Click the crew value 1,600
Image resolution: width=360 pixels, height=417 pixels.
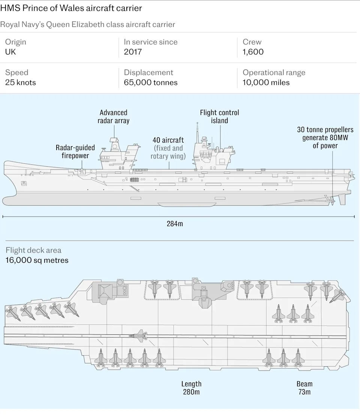[x=253, y=52]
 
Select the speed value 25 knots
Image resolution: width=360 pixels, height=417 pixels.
[x=21, y=83]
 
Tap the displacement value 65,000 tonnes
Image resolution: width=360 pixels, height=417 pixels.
[x=151, y=83]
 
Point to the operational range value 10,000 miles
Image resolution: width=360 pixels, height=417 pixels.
[x=266, y=83]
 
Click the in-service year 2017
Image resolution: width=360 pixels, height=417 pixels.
[x=133, y=52]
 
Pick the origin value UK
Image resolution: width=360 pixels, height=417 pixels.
[x=10, y=52]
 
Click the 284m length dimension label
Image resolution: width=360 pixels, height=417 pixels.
[x=175, y=224]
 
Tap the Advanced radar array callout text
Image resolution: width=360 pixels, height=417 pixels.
[x=114, y=116]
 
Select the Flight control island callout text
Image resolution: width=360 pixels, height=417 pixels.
[x=219, y=116]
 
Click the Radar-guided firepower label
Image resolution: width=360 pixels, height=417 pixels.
[x=75, y=152]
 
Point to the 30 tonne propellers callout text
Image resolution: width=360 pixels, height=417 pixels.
[x=325, y=137]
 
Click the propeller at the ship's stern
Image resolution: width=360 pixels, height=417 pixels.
[x=331, y=201]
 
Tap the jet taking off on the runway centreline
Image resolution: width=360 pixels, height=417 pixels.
[x=138, y=336]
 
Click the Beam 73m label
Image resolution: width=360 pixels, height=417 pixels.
[x=304, y=388]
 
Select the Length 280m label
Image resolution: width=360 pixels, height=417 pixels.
[x=191, y=388]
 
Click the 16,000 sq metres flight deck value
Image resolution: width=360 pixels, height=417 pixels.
[x=37, y=260]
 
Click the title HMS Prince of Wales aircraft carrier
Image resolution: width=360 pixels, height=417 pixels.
[x=71, y=8]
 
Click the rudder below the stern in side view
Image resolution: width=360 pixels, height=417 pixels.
[x=342, y=199]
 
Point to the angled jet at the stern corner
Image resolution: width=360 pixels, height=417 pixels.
[x=337, y=296]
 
